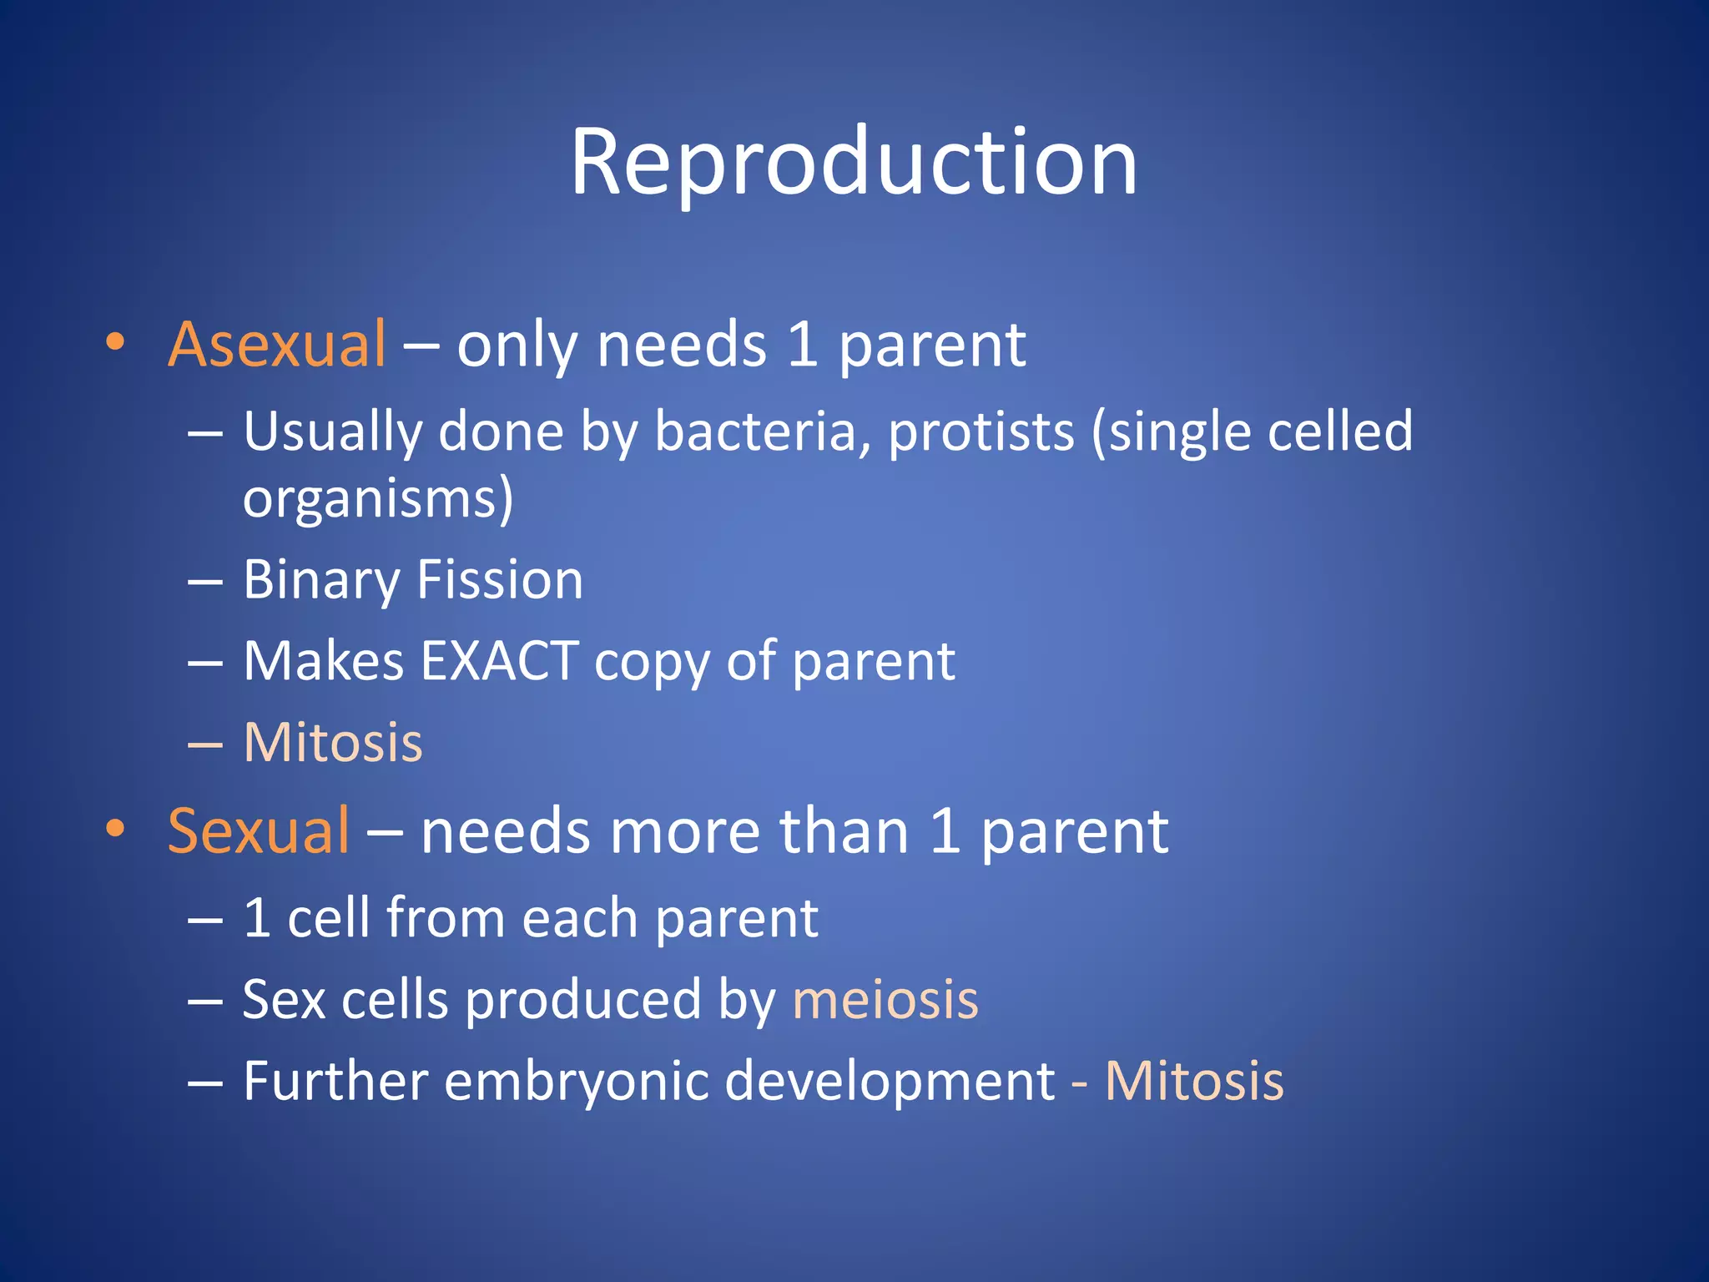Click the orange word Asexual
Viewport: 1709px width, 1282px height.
[x=276, y=344]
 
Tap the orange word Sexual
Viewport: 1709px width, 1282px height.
[x=258, y=831]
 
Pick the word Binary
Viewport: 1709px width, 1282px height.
[x=321, y=581]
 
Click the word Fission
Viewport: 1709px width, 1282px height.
[x=499, y=580]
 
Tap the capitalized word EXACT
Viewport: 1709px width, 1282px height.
[x=499, y=661]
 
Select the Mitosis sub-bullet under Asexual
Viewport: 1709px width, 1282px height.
[x=333, y=742]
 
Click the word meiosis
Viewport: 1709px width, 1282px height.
[x=885, y=999]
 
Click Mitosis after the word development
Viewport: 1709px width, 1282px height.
[x=1193, y=1081]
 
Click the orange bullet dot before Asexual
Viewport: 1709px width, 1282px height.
[x=115, y=341]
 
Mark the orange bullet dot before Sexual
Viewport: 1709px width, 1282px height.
[x=115, y=828]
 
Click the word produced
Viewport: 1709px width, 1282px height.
[x=582, y=1001]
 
